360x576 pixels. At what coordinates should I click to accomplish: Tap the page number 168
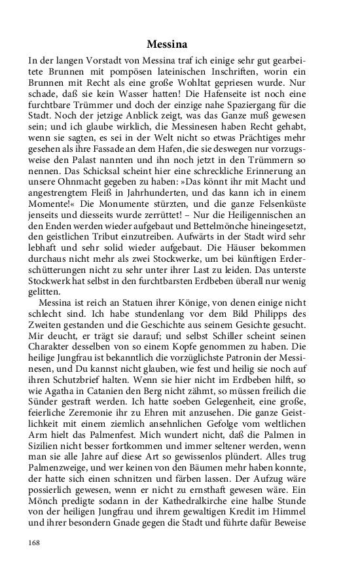pos(35,543)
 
